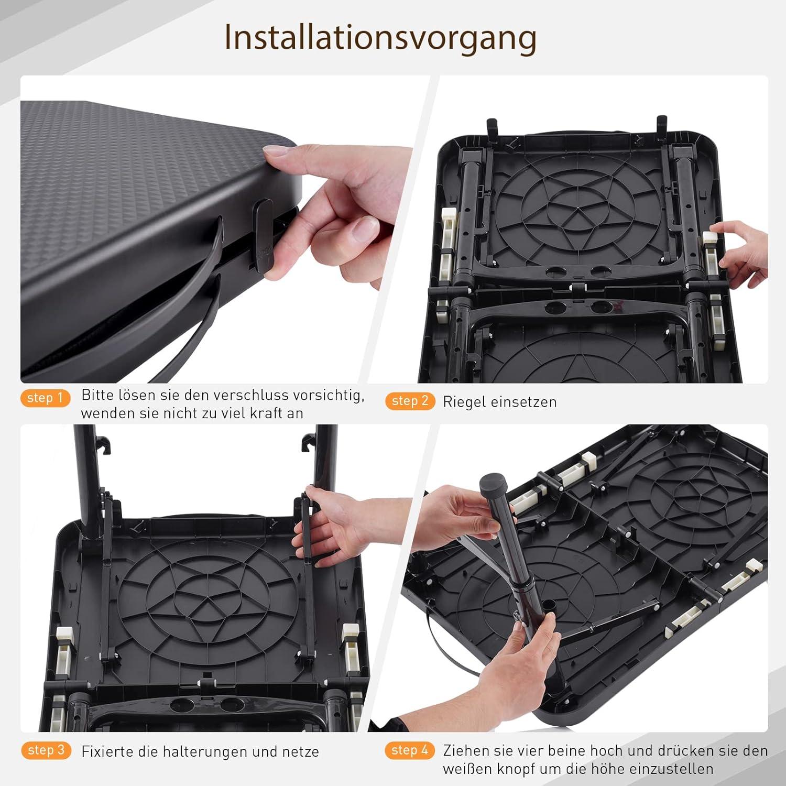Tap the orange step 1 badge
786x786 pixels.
(46, 398)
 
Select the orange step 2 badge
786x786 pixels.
(410, 401)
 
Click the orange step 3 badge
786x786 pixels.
(46, 750)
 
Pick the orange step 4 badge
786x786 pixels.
(410, 750)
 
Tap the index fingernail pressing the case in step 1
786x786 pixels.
(278, 152)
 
